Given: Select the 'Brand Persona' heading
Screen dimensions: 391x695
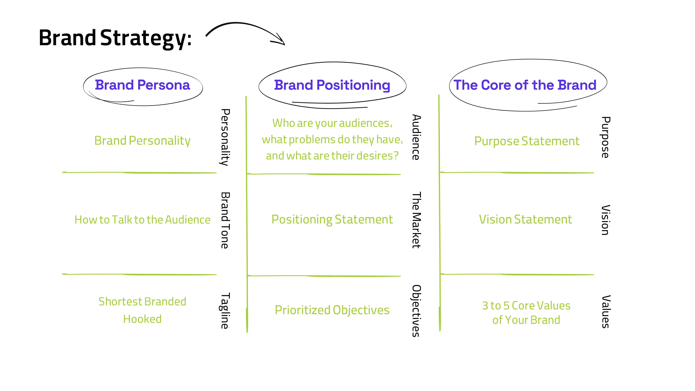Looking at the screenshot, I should [142, 85].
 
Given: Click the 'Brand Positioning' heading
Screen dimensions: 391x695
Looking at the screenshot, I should [332, 85].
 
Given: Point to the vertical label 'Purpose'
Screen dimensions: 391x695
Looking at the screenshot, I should [605, 137].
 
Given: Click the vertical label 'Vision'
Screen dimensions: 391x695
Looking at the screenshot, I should [605, 220].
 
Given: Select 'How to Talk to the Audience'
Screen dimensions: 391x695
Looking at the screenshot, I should [142, 219].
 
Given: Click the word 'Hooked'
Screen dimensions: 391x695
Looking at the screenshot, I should [142, 319].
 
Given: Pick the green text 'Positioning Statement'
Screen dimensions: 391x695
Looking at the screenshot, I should [332, 219].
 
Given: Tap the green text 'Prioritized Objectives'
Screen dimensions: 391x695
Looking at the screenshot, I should [332, 310].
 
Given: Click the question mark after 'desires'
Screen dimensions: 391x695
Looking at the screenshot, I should [396, 156].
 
